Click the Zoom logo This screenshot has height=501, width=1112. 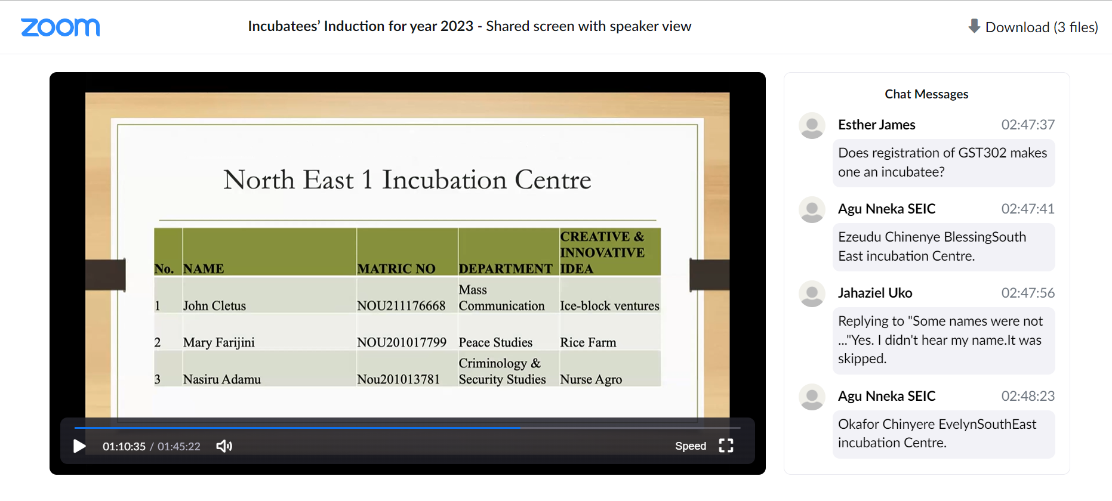coord(60,27)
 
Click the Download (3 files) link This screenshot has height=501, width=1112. coord(1033,27)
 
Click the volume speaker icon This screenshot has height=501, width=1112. coord(224,446)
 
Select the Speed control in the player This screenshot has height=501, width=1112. coord(691,446)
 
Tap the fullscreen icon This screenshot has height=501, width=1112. coord(726,446)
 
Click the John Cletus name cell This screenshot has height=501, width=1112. coord(214,306)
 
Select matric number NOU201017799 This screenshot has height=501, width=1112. coord(402,342)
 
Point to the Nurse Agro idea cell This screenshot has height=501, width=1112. coord(591,379)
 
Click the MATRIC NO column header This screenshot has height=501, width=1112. coord(396,269)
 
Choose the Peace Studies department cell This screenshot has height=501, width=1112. coord(495,342)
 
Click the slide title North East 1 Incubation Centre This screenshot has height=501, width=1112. coord(407,180)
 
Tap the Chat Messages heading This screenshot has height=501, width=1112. coord(926,94)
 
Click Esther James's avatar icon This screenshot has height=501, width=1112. coord(812,126)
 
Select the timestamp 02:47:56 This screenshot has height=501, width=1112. coord(1028,293)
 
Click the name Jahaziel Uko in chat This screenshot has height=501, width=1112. coord(875,293)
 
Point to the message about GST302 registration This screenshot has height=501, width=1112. coord(944,163)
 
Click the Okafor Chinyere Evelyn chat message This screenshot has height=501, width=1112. coord(944,434)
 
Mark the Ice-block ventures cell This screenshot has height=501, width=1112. coord(609,306)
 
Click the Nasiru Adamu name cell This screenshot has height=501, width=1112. coord(222,379)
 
